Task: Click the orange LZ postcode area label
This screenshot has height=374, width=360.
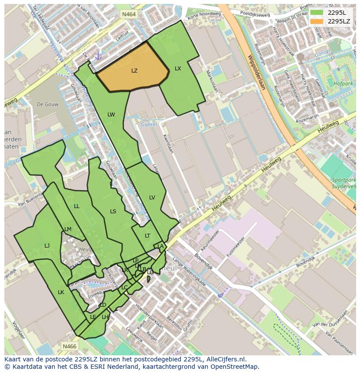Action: click(134, 70)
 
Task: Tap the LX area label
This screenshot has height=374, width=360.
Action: click(178, 69)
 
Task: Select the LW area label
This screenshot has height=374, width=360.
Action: click(111, 115)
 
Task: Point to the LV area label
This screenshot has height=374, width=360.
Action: click(152, 198)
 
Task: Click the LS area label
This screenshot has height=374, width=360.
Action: click(113, 212)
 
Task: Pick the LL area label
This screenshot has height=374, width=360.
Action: click(77, 206)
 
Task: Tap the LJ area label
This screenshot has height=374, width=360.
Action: click(47, 246)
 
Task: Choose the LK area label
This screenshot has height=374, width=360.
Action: click(61, 292)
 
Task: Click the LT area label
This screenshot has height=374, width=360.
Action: click(147, 236)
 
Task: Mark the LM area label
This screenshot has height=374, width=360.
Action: click(68, 229)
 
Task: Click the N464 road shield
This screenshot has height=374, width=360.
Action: click(128, 14)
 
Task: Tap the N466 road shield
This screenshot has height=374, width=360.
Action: click(70, 346)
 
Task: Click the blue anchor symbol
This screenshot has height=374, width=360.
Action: click(98, 56)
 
